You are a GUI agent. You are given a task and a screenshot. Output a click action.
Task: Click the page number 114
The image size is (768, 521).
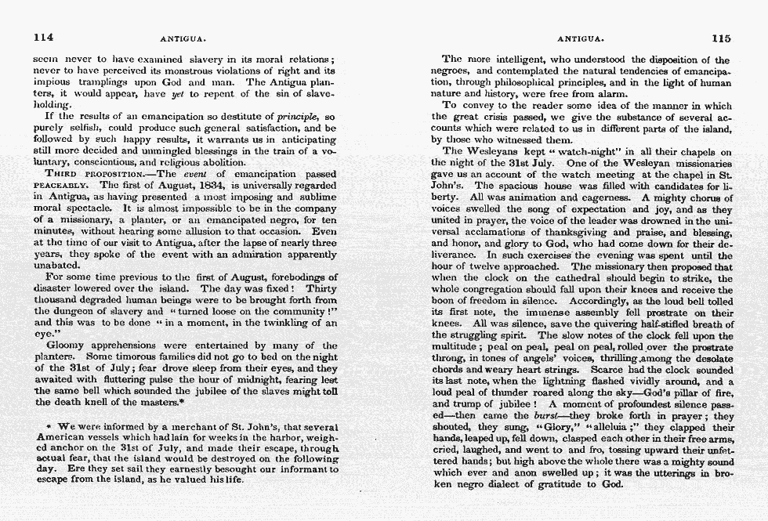point(43,37)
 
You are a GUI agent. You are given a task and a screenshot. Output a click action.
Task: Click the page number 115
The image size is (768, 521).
point(720,37)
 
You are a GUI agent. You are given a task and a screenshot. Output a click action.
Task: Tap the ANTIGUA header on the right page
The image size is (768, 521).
point(578,38)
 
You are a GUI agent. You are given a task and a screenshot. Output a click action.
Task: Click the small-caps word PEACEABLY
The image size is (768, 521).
point(56,186)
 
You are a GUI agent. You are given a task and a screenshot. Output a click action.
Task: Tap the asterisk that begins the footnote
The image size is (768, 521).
point(50,426)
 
